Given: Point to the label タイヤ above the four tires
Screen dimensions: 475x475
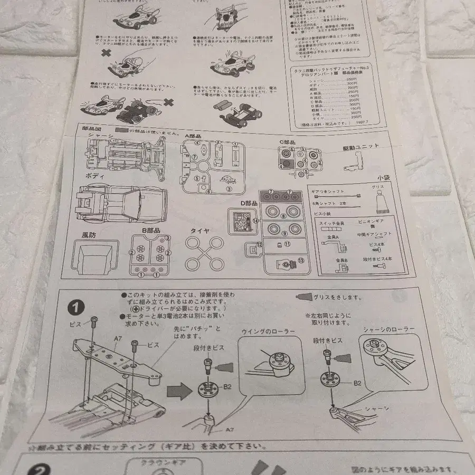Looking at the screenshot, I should click(199, 231).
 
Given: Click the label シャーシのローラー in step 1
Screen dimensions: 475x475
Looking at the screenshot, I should click(388, 329).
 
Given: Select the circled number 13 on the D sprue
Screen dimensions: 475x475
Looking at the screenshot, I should click(301, 261).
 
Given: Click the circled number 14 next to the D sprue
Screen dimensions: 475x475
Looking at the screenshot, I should click(256, 221).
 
